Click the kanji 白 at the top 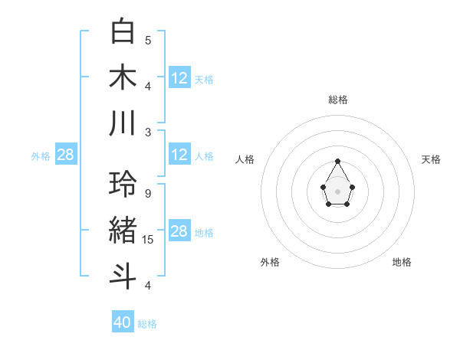click(x=123, y=32)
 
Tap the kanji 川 click(x=123, y=123)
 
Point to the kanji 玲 click(x=123, y=185)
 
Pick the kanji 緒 click(x=123, y=230)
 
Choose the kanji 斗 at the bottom click(x=123, y=276)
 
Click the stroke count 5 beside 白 click(x=148, y=40)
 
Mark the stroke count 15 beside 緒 click(x=148, y=240)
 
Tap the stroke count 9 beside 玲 click(x=148, y=193)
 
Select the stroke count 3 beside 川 click(x=148, y=132)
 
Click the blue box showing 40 click(x=123, y=322)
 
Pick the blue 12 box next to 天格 click(x=179, y=77)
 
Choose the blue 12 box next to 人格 click(x=179, y=155)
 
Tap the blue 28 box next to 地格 click(x=179, y=231)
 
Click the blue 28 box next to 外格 click(x=66, y=155)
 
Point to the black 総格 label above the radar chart click(x=338, y=100)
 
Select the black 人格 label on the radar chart click(x=245, y=159)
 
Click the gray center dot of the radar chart click(x=338, y=191)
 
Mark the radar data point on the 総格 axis click(x=338, y=161)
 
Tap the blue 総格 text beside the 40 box click(x=147, y=324)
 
